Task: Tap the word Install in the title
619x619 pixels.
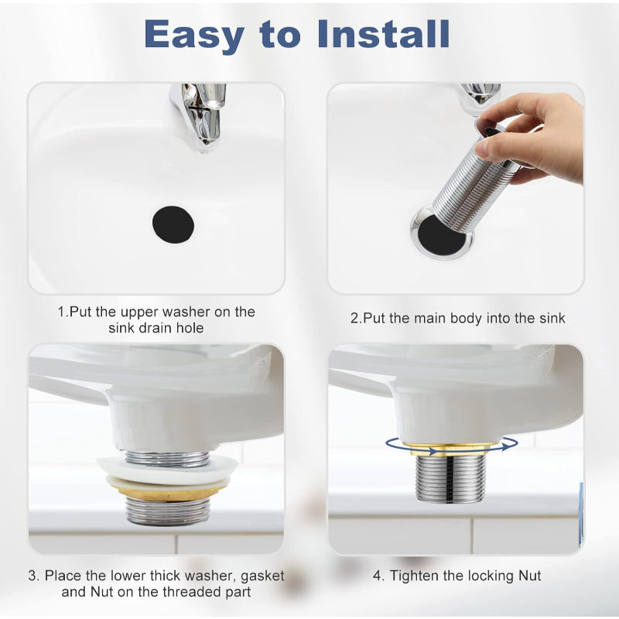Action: coord(383,34)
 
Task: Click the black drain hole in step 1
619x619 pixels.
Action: coord(173,224)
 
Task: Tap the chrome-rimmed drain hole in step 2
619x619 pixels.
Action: coord(441,235)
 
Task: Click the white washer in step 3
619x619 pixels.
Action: coord(167,469)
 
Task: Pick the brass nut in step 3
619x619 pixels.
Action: coord(167,489)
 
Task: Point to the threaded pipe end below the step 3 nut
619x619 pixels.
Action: coord(168,511)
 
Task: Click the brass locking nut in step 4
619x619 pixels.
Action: coord(452,449)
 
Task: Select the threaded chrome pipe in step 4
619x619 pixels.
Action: coord(451,478)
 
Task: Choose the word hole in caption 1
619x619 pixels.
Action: coord(190,328)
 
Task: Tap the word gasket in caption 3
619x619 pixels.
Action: coord(262,576)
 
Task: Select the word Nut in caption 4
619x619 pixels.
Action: coord(530,576)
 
